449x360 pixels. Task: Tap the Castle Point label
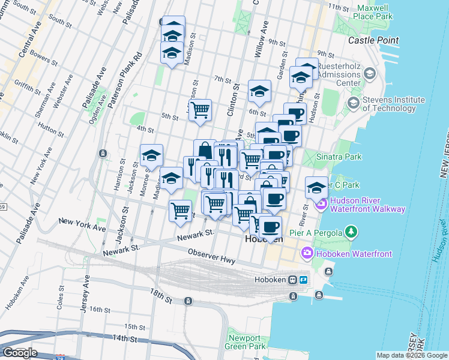coord(373,40)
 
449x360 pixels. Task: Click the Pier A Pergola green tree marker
coord(352,232)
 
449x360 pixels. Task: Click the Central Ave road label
coord(29,42)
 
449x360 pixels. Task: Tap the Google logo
coord(19,353)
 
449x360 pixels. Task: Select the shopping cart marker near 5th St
coord(200,109)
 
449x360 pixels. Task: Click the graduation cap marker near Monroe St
coord(152,155)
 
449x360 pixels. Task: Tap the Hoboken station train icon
coord(293,280)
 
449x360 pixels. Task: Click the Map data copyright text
coord(412,355)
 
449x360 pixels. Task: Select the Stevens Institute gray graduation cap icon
coord(354,103)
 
